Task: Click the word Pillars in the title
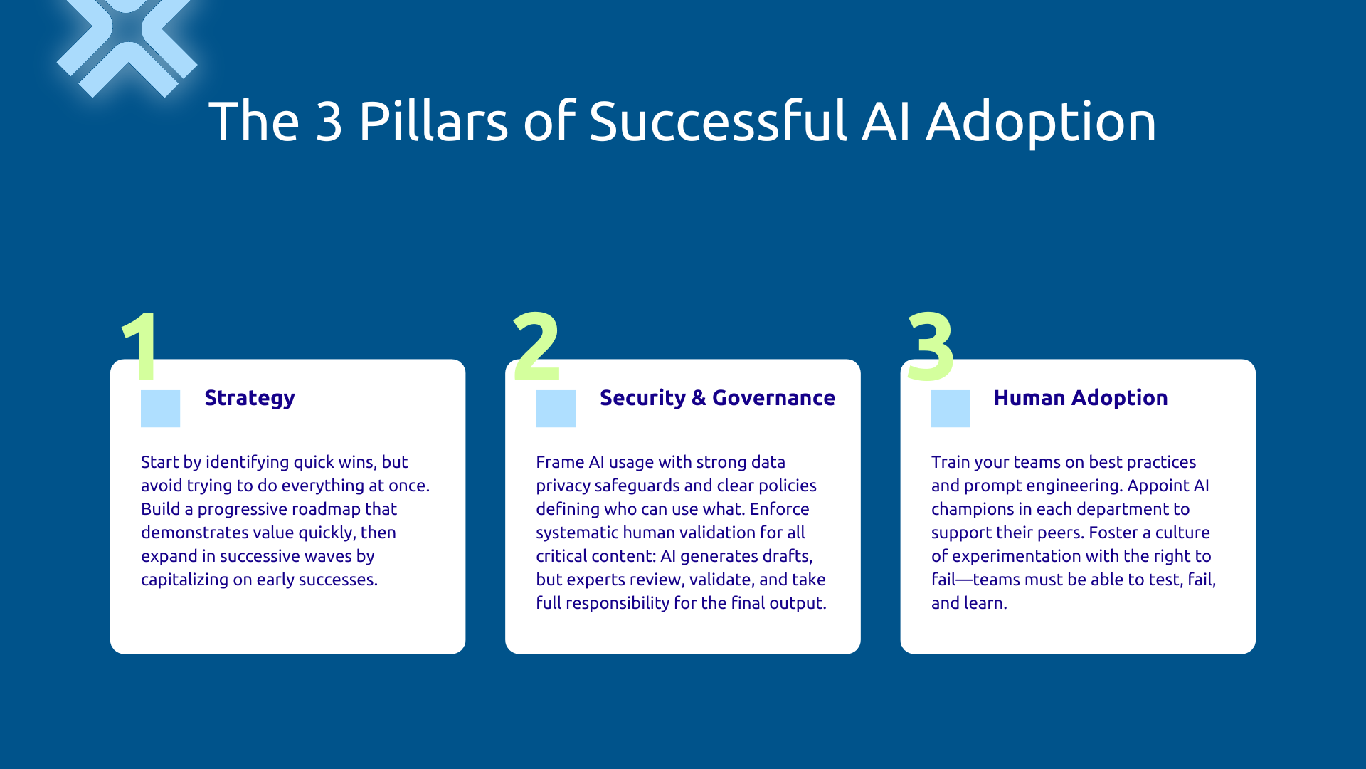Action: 433,121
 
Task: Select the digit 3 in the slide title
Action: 329,121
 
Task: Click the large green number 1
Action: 141,347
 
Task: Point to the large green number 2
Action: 536,347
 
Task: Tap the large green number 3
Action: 931,347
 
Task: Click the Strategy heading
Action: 249,398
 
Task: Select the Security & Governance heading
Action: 717,398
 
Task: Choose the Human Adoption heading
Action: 1080,398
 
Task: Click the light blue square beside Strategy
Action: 160,409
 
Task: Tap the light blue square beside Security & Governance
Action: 555,409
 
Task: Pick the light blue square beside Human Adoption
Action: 950,409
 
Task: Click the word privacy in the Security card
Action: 562,486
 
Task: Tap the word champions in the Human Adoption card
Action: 973,509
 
